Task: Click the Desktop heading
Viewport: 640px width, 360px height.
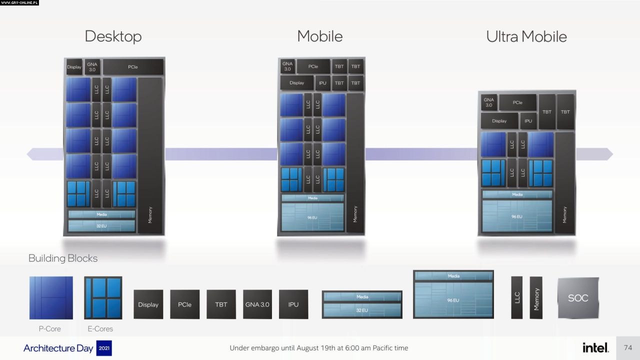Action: coord(113,36)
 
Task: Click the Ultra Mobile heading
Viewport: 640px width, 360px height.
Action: coord(526,36)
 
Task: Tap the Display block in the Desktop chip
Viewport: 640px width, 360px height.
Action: coord(74,67)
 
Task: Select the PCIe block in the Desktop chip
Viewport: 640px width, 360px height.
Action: coord(133,67)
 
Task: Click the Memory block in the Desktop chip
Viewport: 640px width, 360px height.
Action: coord(150,155)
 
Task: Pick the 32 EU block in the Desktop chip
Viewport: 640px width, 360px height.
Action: coord(101,226)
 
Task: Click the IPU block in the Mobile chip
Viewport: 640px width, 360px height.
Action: coord(322,83)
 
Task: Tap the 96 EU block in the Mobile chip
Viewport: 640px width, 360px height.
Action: coord(312,217)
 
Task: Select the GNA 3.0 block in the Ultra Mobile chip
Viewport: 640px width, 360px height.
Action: coord(488,102)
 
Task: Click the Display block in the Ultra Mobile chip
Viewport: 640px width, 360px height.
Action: coord(499,121)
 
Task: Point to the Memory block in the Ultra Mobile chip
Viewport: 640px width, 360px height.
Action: coord(564,182)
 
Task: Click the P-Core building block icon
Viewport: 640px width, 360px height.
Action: coord(51,298)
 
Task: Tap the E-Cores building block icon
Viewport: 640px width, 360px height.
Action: coord(103,298)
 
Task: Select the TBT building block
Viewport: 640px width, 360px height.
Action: coord(221,304)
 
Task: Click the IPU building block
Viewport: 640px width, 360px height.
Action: coord(293,304)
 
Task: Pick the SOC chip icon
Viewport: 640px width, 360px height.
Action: coord(578,298)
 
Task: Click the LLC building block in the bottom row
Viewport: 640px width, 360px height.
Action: coord(516,297)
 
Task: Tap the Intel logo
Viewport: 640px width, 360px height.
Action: coord(595,347)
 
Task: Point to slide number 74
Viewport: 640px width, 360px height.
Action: coord(628,347)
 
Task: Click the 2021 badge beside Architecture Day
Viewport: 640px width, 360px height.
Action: coord(104,348)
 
